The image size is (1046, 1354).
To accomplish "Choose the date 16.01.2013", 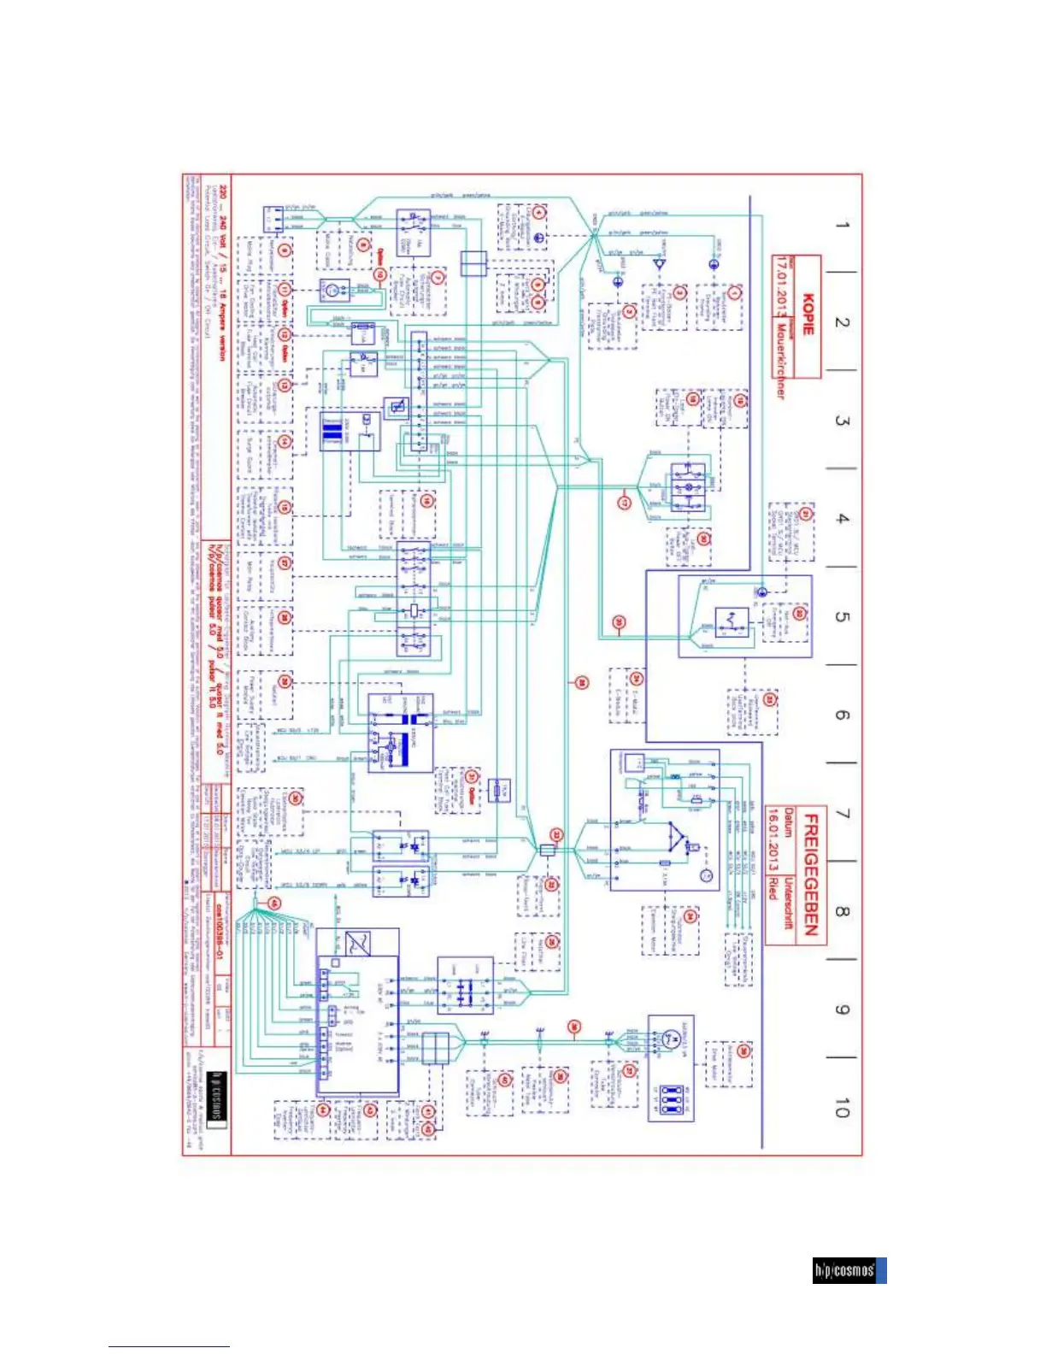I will [x=773, y=846].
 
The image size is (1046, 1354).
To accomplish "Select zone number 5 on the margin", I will [x=843, y=616].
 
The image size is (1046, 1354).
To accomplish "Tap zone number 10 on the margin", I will [x=843, y=1109].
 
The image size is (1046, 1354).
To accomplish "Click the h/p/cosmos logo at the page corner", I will [x=849, y=1270].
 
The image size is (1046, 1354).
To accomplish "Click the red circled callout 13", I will [x=285, y=386].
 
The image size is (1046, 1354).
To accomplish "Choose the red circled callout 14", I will [x=285, y=442].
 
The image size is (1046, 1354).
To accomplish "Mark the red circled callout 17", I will [x=625, y=501].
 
